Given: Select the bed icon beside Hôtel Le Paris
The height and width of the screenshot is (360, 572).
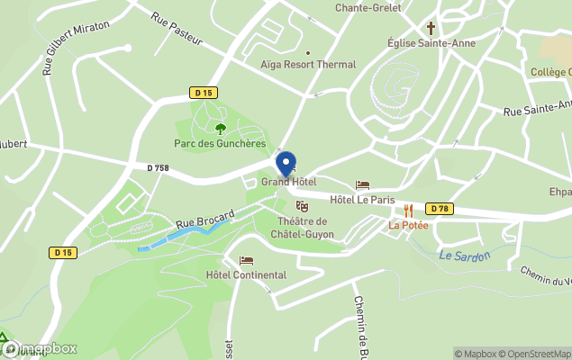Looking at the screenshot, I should tap(363, 184).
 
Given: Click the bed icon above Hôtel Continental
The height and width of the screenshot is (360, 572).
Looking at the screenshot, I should tap(246, 261).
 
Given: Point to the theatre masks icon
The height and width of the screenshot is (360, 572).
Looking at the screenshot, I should tap(302, 206).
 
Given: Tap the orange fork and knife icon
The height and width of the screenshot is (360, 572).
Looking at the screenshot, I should tap(407, 210).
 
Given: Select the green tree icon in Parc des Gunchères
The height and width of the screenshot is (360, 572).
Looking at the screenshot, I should tap(221, 129).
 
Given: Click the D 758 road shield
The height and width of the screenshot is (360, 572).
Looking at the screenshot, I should tap(158, 167).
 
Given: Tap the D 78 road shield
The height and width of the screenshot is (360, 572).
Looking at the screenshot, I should tap(440, 209).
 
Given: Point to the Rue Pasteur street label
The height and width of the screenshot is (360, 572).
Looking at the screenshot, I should tap(177, 29).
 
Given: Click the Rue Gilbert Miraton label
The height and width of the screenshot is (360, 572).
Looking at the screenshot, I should tap(77, 47).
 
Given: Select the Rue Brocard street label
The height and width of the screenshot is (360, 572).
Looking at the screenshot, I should tap(204, 219).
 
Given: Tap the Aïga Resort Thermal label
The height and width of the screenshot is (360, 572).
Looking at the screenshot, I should tap(307, 65).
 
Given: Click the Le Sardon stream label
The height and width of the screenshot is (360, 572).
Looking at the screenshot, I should tap(464, 256).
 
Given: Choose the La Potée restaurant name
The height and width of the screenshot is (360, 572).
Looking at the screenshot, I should tap(408, 225).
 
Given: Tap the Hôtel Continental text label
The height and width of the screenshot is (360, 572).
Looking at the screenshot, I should tap(246, 275).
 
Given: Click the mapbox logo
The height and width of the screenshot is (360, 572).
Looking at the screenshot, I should tap(41, 348).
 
